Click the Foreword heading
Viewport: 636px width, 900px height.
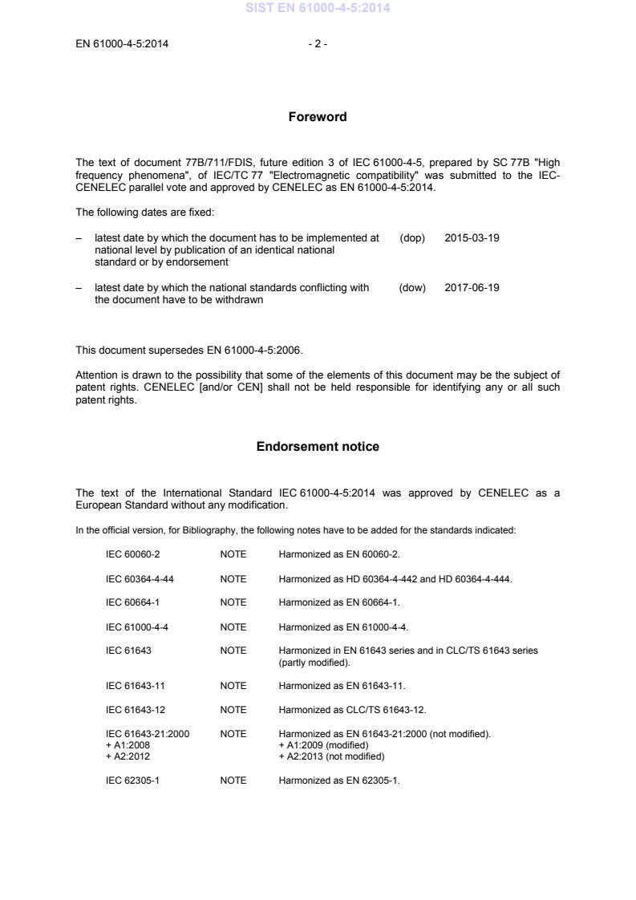tap(318, 117)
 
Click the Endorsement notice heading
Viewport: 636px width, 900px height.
tap(318, 447)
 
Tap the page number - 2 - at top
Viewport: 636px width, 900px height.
tap(318, 44)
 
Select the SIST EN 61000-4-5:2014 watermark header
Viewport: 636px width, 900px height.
tap(318, 9)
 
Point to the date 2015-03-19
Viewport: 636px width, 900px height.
tap(472, 238)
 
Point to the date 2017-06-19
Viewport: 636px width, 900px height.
tap(472, 287)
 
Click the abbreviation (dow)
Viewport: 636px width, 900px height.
tap(412, 287)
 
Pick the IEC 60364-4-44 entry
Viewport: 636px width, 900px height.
tap(140, 578)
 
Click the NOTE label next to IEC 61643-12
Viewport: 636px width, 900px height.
tap(233, 710)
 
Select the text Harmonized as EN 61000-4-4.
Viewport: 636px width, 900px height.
tap(344, 626)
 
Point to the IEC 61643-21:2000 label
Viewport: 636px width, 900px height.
tap(148, 734)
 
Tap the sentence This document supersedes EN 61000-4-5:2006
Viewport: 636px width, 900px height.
tap(190, 350)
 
